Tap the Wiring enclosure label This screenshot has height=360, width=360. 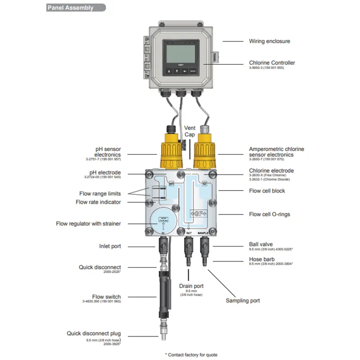point(269,41)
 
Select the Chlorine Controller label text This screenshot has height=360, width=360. point(272,63)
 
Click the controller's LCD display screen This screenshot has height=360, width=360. point(181,53)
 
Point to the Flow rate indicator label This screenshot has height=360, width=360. point(98,202)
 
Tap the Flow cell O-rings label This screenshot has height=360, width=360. point(269,214)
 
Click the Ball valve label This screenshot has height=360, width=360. point(261,244)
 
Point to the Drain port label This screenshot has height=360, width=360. point(191,286)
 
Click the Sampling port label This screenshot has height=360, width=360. point(243,300)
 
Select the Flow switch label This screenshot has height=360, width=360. point(106,297)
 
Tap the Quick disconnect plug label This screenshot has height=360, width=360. point(94,333)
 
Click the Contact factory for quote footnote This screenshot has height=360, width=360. point(191,355)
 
